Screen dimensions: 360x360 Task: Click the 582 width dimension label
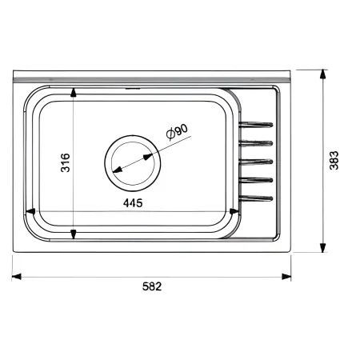tap(152, 286)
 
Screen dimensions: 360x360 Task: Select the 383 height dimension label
tap(334, 160)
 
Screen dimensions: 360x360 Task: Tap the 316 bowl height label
tap(66, 162)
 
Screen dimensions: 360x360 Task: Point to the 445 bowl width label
tap(133, 203)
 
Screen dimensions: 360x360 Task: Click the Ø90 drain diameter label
tap(177, 131)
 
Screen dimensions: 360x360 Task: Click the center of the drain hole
tap(133, 163)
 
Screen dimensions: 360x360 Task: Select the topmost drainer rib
tap(256, 125)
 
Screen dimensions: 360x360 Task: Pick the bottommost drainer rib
tap(256, 198)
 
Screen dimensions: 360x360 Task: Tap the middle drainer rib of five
tap(256, 162)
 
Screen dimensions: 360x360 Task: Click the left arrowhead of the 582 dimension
tap(17, 277)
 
